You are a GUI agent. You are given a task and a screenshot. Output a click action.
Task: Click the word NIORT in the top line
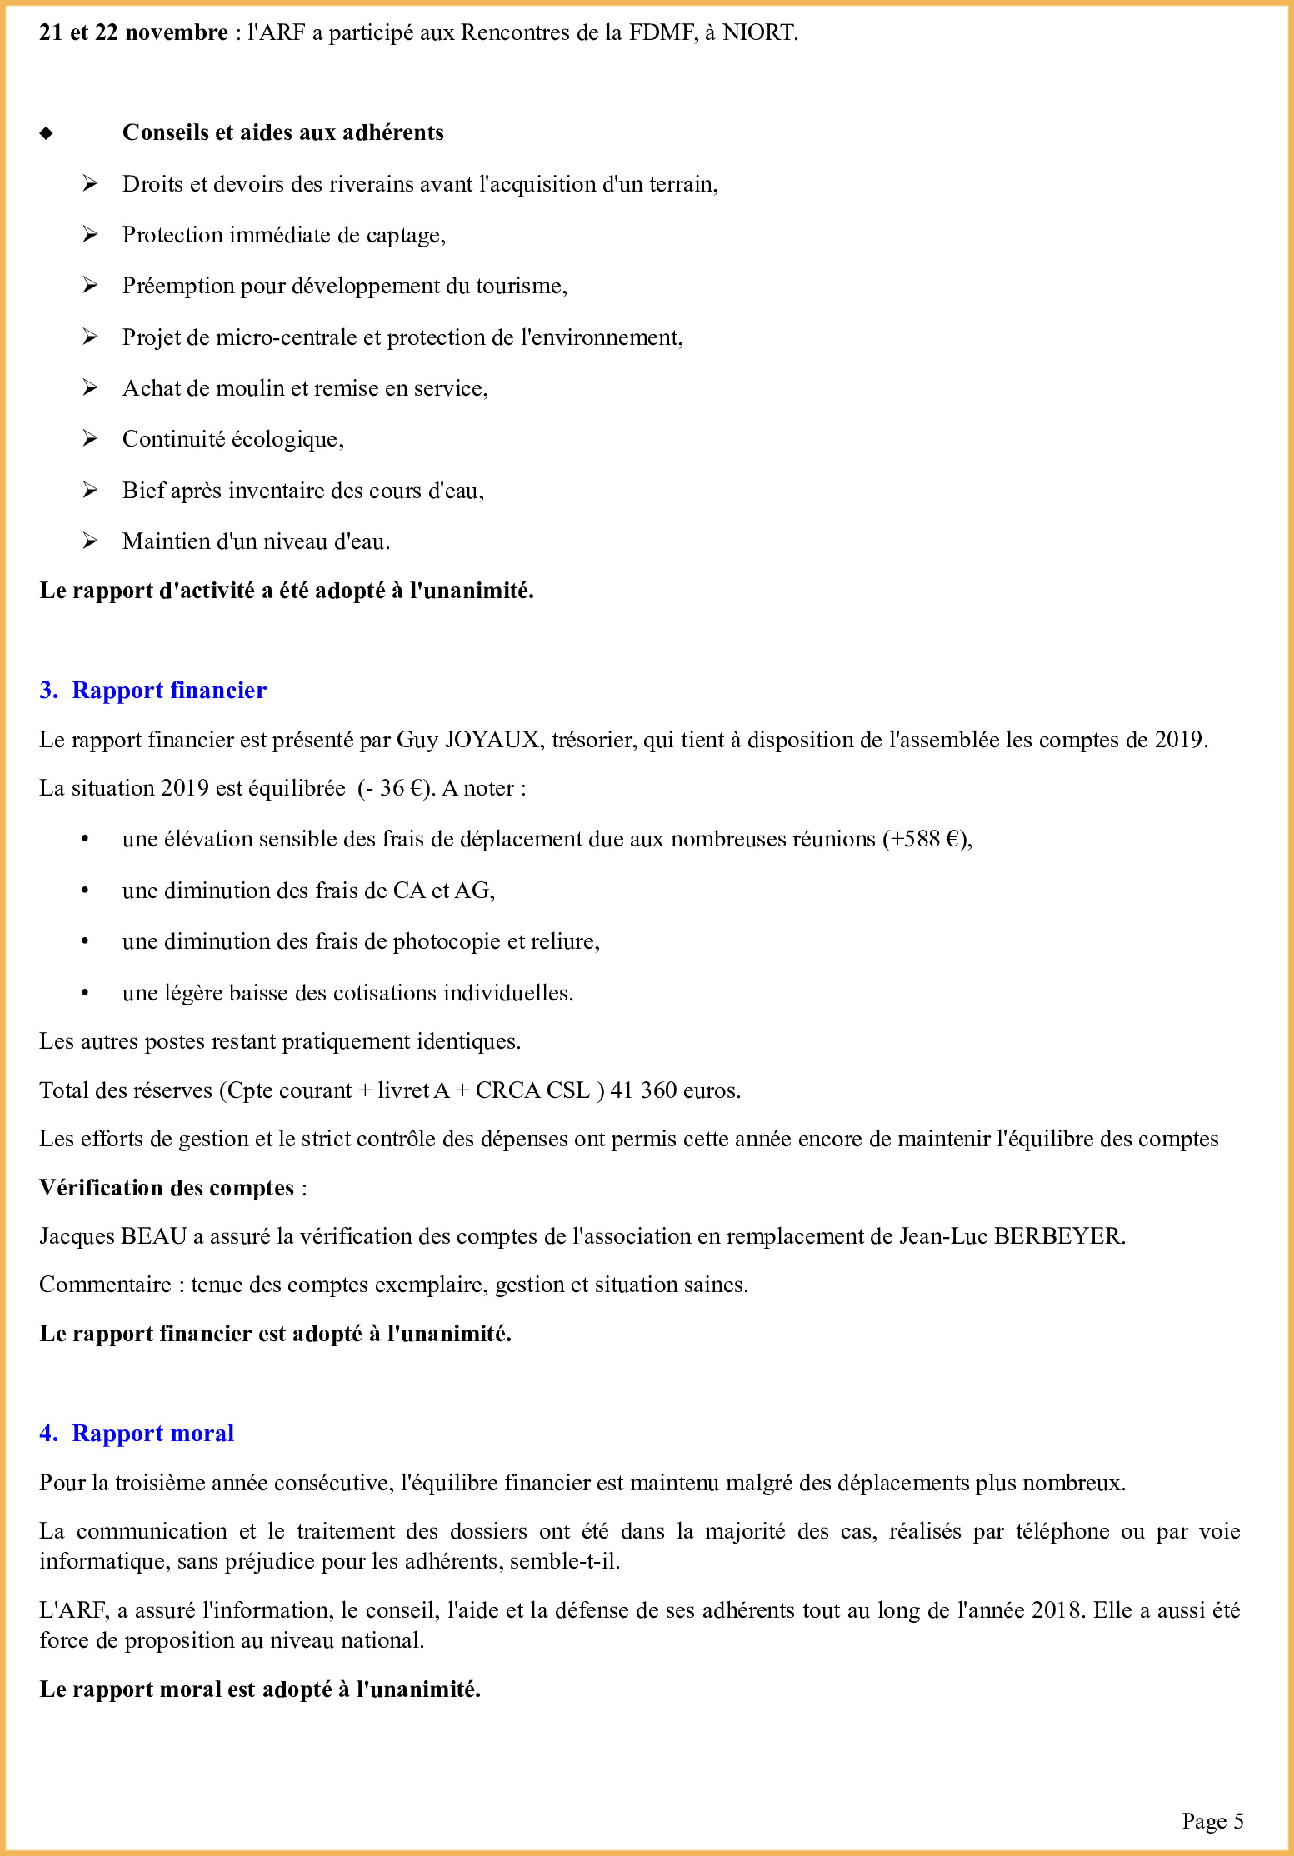pos(758,32)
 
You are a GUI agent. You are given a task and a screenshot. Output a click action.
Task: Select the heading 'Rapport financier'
pos(169,690)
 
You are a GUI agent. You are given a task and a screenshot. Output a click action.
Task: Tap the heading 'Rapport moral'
pos(152,1433)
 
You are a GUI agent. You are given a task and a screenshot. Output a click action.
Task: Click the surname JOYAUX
pos(492,740)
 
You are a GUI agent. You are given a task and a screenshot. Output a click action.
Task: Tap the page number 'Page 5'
pos(1212,1821)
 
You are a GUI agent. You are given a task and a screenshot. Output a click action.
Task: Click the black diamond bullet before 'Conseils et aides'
pos(47,133)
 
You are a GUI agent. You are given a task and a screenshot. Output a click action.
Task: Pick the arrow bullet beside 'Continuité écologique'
pos(90,439)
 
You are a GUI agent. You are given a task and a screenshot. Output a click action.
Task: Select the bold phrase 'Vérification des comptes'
pos(167,1188)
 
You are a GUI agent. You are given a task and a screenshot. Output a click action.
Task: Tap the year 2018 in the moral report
pos(1058,1610)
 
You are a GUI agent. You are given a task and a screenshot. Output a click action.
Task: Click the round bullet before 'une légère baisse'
pos(85,993)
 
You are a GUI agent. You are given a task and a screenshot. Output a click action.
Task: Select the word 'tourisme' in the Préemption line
pos(520,286)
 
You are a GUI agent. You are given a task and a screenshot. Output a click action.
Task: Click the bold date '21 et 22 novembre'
pos(133,32)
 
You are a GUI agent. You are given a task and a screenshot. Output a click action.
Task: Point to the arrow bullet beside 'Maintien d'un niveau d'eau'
pos(90,541)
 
